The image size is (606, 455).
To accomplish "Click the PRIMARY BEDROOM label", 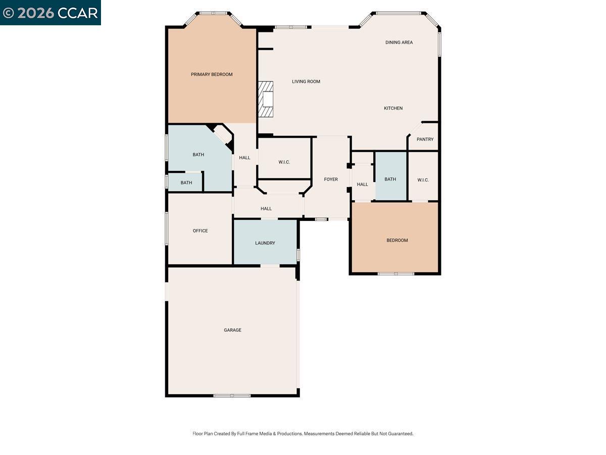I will click(x=212, y=74).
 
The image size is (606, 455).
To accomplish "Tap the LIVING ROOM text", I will click(x=306, y=81).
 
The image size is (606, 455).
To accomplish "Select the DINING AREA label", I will click(x=399, y=42).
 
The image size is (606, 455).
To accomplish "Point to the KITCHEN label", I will click(x=393, y=108).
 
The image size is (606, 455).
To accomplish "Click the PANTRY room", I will click(x=425, y=139).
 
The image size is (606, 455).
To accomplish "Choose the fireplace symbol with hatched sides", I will click(x=266, y=99).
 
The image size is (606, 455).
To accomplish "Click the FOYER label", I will click(x=331, y=179).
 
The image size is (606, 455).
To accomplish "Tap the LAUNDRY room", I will click(x=265, y=243).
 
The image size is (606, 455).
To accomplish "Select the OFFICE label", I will click(x=200, y=231).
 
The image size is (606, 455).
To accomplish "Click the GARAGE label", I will click(x=233, y=330).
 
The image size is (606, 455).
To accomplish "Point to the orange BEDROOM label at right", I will click(x=397, y=240).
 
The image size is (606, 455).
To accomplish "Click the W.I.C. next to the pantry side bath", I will click(x=423, y=180).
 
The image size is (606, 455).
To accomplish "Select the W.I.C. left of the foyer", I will click(x=284, y=162).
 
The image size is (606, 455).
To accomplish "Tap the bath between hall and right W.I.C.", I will click(x=390, y=179).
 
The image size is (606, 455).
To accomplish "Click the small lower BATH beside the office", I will click(x=186, y=183).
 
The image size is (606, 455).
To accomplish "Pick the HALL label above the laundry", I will click(x=266, y=208).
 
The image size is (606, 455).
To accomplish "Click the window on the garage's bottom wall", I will click(x=232, y=395).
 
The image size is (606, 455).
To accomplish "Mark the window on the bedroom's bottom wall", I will click(x=396, y=274).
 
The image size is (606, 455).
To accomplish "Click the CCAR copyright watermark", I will click(x=50, y=13).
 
